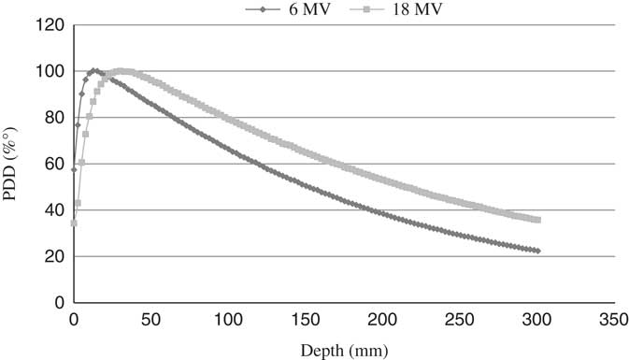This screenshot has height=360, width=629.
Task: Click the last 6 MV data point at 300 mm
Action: pyautogui.click(x=537, y=251)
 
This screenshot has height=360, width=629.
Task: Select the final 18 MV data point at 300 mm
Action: pyautogui.click(x=537, y=220)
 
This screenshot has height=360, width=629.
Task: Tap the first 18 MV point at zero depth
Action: pyautogui.click(x=74, y=223)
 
